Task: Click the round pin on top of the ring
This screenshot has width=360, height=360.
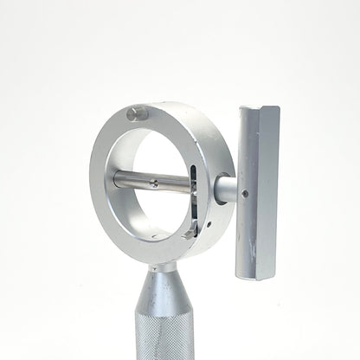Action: pyautogui.click(x=137, y=113)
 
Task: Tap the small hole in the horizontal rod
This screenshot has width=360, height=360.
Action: pyautogui.click(x=153, y=182)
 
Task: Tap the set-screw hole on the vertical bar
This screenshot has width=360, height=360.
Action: pyautogui.click(x=246, y=193)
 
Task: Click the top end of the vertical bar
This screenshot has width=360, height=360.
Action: pyautogui.click(x=259, y=111)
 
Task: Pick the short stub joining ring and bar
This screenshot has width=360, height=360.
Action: pyautogui.click(x=224, y=189)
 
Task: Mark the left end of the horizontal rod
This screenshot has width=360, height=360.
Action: pyautogui.click(x=118, y=178)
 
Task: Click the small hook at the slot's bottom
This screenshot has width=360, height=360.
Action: pyautogui.click(x=190, y=233)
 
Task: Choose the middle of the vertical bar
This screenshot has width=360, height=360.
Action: pyautogui.click(x=258, y=190)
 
